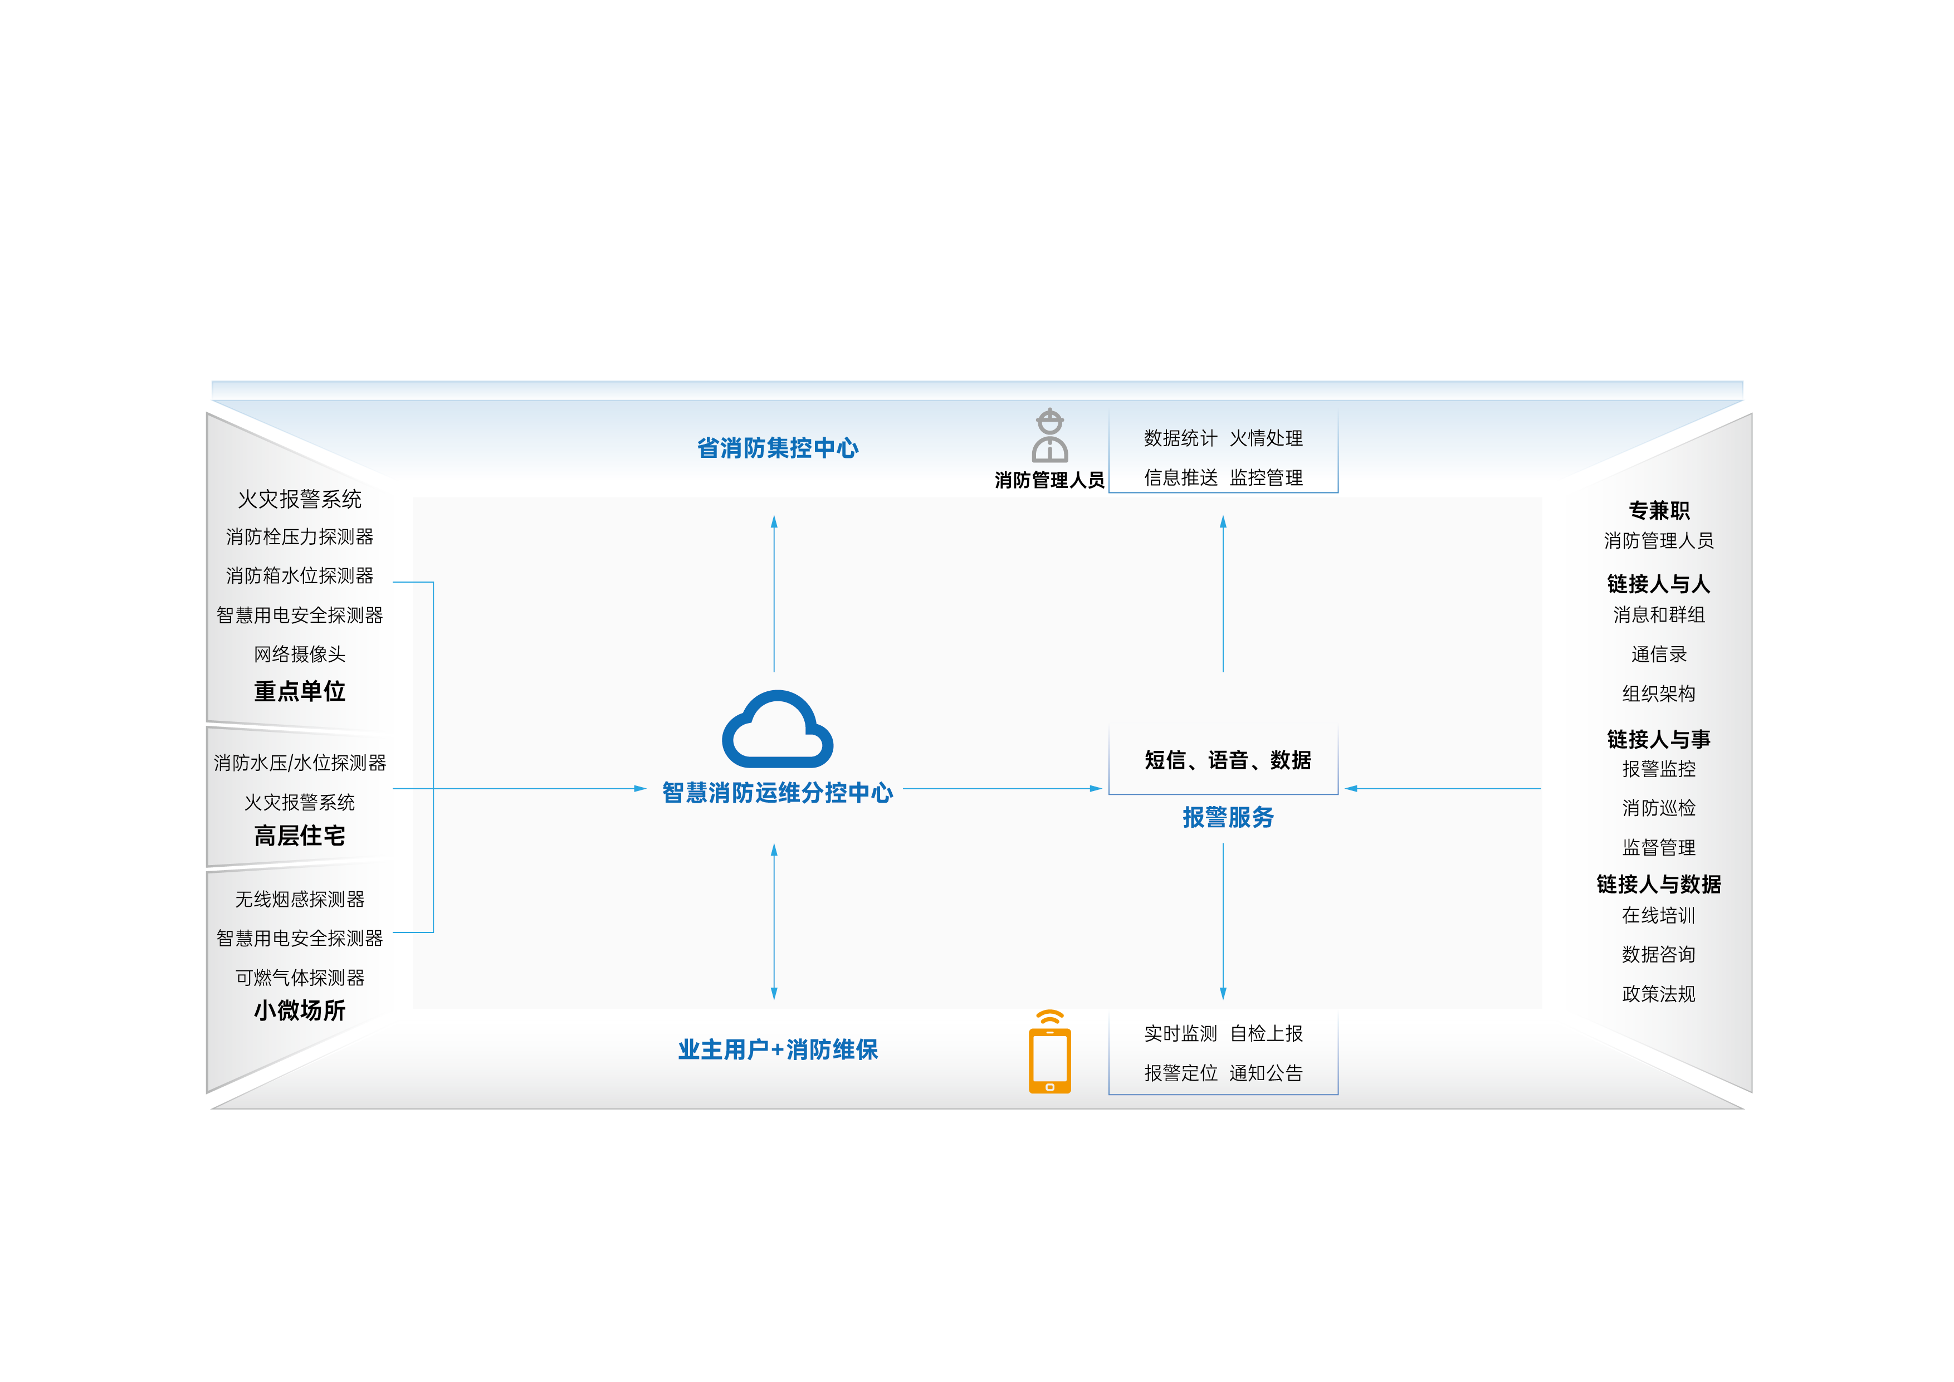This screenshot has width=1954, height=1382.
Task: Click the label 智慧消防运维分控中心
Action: coord(777,792)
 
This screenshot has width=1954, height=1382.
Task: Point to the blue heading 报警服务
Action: coord(1227,817)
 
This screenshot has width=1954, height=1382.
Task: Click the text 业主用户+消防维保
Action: coord(777,1049)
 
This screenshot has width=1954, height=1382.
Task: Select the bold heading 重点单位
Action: coord(300,691)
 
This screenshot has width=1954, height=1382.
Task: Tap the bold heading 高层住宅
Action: coord(300,836)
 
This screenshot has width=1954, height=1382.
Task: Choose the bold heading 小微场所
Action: coord(300,1010)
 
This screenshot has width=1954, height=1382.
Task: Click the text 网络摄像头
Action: coord(300,653)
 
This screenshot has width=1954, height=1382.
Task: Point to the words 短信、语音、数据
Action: coord(1227,760)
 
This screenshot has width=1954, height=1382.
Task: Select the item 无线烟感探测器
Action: coord(300,898)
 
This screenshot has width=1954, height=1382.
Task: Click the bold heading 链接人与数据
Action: coord(1658,884)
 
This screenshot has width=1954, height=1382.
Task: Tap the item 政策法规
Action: coord(1658,993)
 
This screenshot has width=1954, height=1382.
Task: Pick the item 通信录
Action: coord(1658,653)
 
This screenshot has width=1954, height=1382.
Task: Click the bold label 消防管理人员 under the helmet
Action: coord(1049,480)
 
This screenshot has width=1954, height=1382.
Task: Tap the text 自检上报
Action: coord(1266,1033)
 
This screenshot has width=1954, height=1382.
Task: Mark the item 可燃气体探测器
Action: coord(300,977)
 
